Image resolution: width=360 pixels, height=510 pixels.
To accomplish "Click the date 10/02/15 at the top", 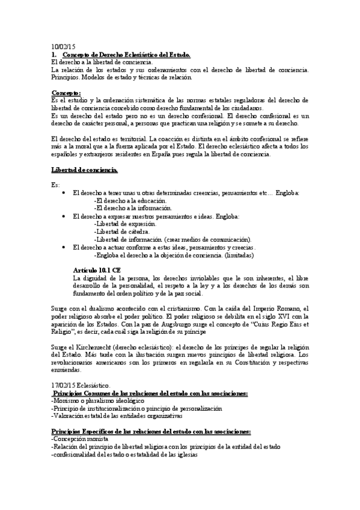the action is pyautogui.click(x=63, y=46).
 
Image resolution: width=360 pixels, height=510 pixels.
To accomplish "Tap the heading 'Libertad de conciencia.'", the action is pyautogui.click(x=84, y=170).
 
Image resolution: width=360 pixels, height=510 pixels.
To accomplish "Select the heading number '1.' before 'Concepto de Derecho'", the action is pyautogui.click(x=54, y=54).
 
